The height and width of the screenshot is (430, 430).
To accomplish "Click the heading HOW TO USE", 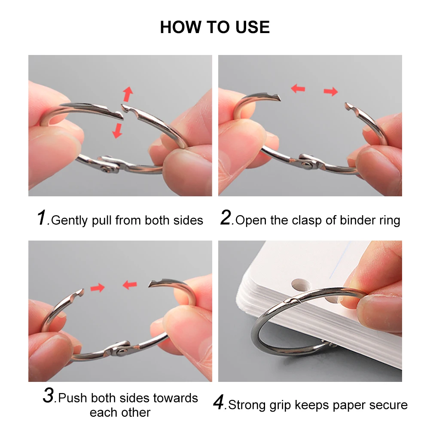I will [x=215, y=27].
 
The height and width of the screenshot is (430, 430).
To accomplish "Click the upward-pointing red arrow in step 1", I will [x=128, y=94].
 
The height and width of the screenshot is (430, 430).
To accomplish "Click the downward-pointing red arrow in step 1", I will [x=117, y=130].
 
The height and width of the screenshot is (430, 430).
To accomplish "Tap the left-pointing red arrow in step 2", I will [x=298, y=88].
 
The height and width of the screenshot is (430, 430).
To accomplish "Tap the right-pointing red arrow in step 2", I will [x=331, y=91].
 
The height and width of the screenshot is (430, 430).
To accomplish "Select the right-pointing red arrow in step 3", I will [x=98, y=287].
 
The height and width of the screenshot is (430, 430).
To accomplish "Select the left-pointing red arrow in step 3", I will [x=130, y=284].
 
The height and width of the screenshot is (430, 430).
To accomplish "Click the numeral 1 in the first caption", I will [x=41, y=218].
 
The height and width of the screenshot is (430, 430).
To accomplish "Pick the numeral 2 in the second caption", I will [x=226, y=218].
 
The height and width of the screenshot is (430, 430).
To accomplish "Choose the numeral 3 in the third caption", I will [x=49, y=396].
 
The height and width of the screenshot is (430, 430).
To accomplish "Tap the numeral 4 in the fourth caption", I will [x=219, y=403].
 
